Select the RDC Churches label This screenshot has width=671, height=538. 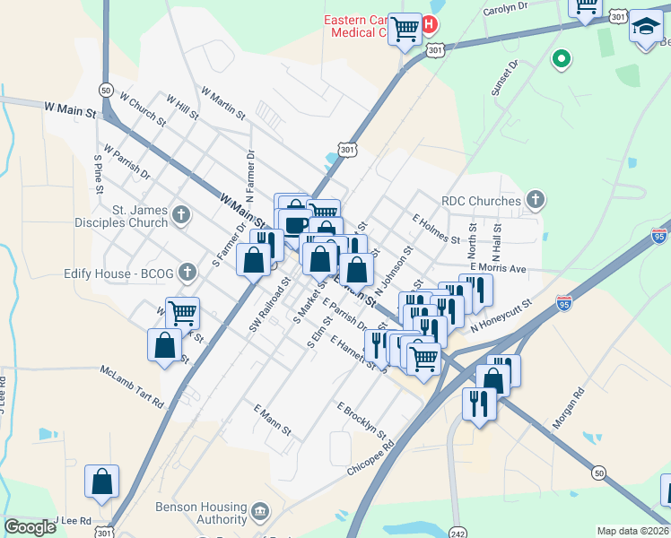[481, 202]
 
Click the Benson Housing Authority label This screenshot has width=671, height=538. [188, 512]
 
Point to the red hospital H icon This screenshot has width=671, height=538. [431, 24]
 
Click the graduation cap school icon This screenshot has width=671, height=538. [645, 28]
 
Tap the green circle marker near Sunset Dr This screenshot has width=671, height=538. [562, 60]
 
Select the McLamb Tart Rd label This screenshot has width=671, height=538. [132, 384]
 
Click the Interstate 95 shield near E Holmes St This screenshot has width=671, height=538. [660, 235]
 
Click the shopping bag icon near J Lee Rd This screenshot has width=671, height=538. [102, 482]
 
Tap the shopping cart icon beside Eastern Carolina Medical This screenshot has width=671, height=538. [405, 30]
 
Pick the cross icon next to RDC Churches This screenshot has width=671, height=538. [536, 199]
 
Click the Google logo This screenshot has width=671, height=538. [30, 526]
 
